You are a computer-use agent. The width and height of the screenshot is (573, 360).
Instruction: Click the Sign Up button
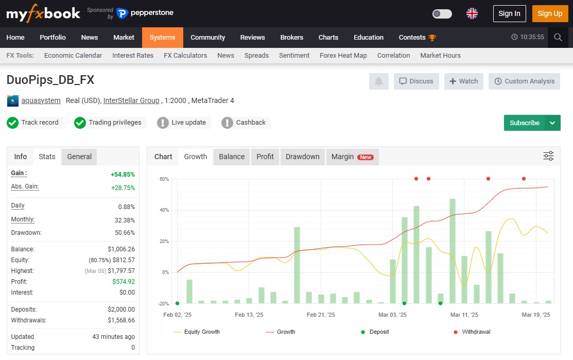coord(550,13)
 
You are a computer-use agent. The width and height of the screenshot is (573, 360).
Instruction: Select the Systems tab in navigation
coord(162,37)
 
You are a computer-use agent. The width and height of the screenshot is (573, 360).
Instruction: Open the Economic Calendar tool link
coord(73,55)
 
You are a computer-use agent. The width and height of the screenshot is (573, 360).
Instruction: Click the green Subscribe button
coord(524,123)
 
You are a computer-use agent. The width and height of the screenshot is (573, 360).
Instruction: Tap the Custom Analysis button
coord(524,81)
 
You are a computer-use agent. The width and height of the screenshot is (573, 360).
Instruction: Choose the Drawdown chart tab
coord(302,157)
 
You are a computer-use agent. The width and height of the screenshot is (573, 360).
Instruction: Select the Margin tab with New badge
coord(352,157)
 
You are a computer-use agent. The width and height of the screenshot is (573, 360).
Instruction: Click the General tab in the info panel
coord(79,157)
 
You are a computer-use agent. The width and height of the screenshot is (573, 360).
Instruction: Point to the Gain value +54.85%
coord(123,174)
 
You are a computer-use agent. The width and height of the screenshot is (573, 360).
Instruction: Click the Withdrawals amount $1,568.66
coord(121,320)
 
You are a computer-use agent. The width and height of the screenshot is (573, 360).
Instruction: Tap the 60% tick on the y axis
coord(164,179)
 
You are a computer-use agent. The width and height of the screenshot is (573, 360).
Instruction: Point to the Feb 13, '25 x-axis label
coord(249,315)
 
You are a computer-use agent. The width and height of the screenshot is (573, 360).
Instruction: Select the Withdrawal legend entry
coord(476,332)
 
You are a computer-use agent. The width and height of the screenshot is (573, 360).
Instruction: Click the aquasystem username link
coord(41,100)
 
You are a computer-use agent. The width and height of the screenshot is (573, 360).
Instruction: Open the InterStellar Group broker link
coord(131,100)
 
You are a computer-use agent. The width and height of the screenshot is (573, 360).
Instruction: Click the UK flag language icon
coord(472,13)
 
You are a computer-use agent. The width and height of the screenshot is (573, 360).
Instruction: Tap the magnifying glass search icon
coord(558,37)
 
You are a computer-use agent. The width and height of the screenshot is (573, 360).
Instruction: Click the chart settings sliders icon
coord(548,156)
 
